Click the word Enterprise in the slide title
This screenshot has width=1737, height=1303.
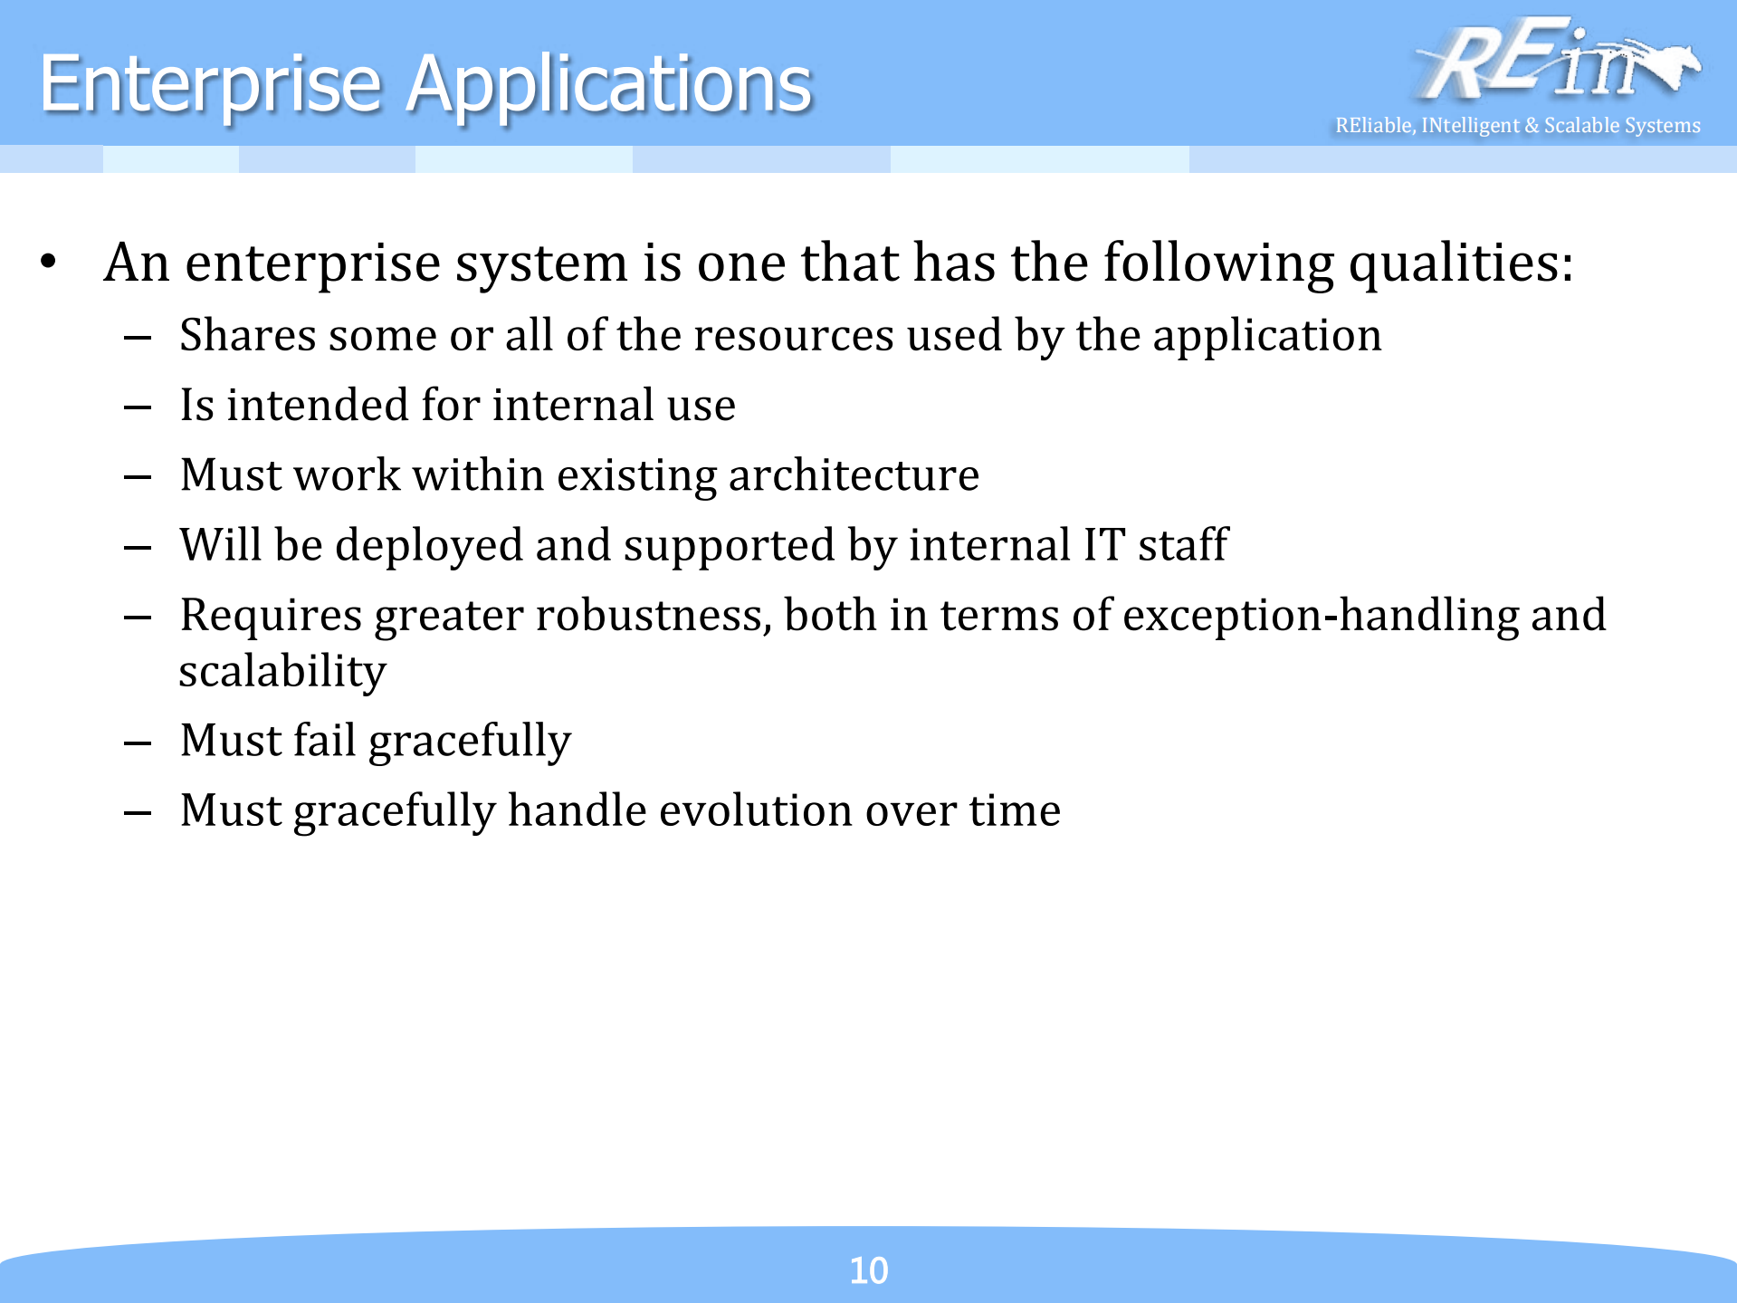tap(210, 84)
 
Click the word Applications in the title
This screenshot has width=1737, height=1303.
tap(608, 84)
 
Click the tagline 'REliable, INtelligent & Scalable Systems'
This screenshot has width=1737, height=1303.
tap(1517, 125)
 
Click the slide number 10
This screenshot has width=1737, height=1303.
tap(868, 1269)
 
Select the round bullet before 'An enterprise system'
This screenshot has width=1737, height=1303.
tap(49, 263)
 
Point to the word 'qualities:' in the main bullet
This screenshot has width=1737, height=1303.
tap(1460, 263)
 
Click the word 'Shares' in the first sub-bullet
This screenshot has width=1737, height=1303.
tap(247, 335)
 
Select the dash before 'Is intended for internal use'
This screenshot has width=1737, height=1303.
tap(138, 407)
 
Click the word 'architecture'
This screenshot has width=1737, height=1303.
tap(853, 474)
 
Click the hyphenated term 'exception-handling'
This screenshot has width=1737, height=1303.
tap(1320, 615)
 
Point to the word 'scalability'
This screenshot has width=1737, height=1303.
tap(282, 672)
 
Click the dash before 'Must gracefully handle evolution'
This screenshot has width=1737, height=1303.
tap(138, 812)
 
